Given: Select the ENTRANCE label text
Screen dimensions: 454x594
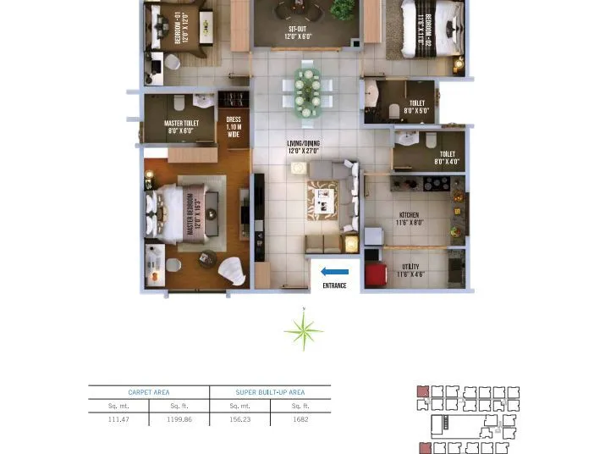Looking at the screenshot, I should pyautogui.click(x=334, y=286).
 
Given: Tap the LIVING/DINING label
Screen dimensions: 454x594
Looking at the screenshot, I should pyautogui.click(x=301, y=147).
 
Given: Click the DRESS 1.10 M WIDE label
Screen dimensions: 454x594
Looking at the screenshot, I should pyautogui.click(x=234, y=126).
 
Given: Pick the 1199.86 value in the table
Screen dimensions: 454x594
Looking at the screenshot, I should pyautogui.click(x=179, y=419).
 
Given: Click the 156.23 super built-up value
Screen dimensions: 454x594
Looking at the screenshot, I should pyautogui.click(x=239, y=419).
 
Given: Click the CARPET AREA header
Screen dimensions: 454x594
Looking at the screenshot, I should pyautogui.click(x=149, y=393).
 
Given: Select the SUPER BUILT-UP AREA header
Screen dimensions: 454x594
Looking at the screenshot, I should pyautogui.click(x=270, y=393).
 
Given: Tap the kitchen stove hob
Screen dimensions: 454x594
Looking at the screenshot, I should pyautogui.click(x=437, y=183).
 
